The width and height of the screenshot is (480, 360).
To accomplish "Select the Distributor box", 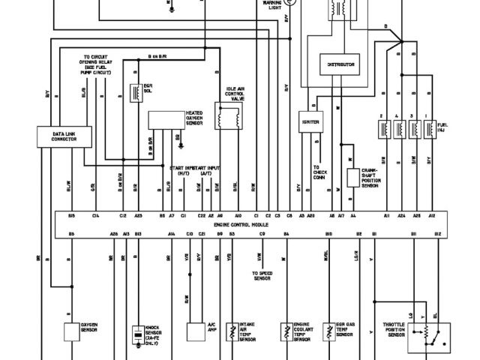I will (x=341, y=64).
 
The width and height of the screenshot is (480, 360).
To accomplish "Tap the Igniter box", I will (x=310, y=121).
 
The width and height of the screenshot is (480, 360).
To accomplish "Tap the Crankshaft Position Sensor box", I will (x=352, y=178).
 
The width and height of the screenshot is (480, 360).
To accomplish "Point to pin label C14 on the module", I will (x=95, y=216).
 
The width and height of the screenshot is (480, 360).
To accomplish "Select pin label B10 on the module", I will (x=328, y=235).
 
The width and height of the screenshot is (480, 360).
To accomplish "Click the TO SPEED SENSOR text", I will (x=262, y=275).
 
